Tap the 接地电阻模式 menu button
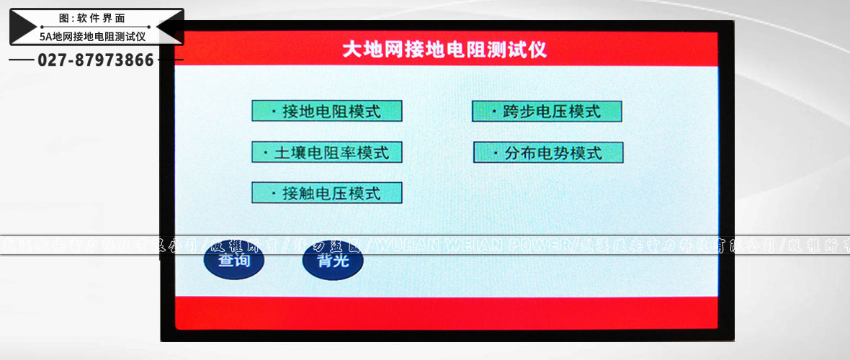coord(326,111)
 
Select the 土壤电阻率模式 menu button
coord(326,153)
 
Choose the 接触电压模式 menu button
coord(326,193)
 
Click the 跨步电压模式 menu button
coord(547,112)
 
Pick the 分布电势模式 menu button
coord(547,153)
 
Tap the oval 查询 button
coord(233,261)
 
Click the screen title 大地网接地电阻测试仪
coord(444,50)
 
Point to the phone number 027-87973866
coord(96,60)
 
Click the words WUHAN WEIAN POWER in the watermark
coord(472,246)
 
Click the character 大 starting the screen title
coord(351,50)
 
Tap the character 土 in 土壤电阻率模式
coord(283,153)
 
